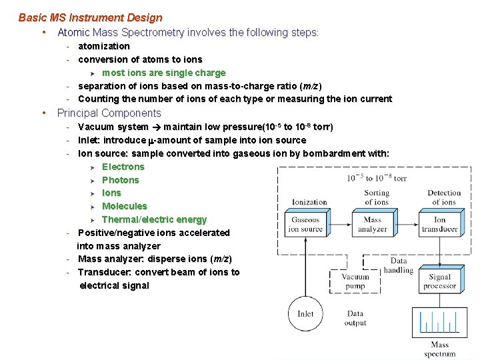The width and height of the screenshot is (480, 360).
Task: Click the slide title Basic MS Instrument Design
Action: [90, 17]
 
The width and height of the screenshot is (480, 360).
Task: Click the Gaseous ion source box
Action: [305, 224]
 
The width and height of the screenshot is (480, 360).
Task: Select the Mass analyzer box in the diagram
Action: [372, 224]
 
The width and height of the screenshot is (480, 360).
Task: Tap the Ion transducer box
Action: [439, 224]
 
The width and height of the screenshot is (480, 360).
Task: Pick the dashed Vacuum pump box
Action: [355, 281]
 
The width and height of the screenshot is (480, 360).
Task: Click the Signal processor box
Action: [439, 281]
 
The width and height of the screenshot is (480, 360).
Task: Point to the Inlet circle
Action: [305, 313]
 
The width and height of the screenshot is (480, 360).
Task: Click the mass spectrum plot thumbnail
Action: [439, 323]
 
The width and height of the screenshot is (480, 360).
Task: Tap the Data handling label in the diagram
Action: [399, 265]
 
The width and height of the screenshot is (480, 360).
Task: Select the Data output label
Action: [355, 318]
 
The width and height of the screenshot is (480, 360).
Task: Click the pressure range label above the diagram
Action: [377, 178]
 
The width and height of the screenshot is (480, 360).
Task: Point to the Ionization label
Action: [309, 202]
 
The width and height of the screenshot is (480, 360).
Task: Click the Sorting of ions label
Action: [377, 197]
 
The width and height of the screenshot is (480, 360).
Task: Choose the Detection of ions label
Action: [444, 197]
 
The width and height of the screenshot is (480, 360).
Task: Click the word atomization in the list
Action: [104, 46]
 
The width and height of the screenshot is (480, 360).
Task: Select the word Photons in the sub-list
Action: [121, 180]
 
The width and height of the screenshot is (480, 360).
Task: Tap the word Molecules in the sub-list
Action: [124, 206]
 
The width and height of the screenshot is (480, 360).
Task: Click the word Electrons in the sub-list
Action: [123, 167]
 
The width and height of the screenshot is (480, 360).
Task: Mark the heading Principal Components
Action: [109, 113]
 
